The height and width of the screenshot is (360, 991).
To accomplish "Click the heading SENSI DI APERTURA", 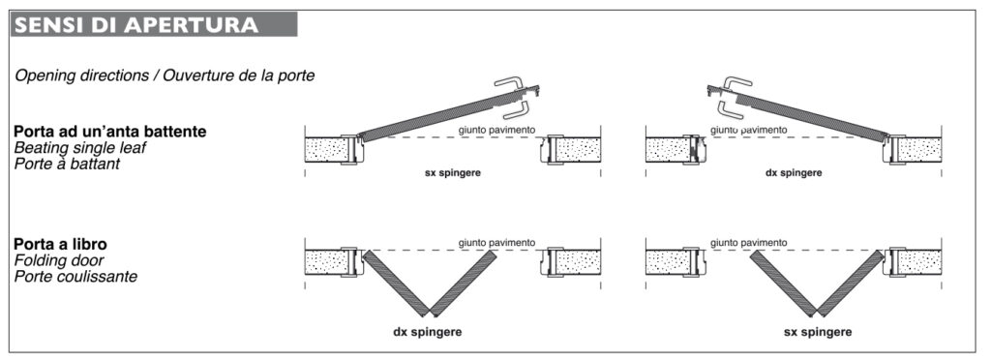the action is [x=136, y=24].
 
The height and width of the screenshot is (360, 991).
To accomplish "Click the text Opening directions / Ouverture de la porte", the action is [x=165, y=75].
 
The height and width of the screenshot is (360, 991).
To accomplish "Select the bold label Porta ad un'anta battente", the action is [x=110, y=132].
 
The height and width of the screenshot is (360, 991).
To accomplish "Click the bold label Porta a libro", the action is [x=60, y=245].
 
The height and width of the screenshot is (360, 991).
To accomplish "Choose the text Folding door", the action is [x=59, y=260].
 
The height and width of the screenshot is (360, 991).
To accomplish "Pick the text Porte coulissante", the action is [x=75, y=276].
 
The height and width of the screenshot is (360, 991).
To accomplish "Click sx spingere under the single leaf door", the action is [x=453, y=173].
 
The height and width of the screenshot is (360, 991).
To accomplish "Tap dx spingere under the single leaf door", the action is [x=794, y=173].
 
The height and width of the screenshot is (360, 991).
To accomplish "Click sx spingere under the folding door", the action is [x=817, y=332].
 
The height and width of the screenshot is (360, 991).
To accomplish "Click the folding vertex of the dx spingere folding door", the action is [x=430, y=314].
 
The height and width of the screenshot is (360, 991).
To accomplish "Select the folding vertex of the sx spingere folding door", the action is [x=815, y=314].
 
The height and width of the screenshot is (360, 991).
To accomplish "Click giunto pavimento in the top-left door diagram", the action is [x=497, y=130].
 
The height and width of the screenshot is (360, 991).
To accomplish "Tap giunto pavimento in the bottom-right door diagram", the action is [x=749, y=243].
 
